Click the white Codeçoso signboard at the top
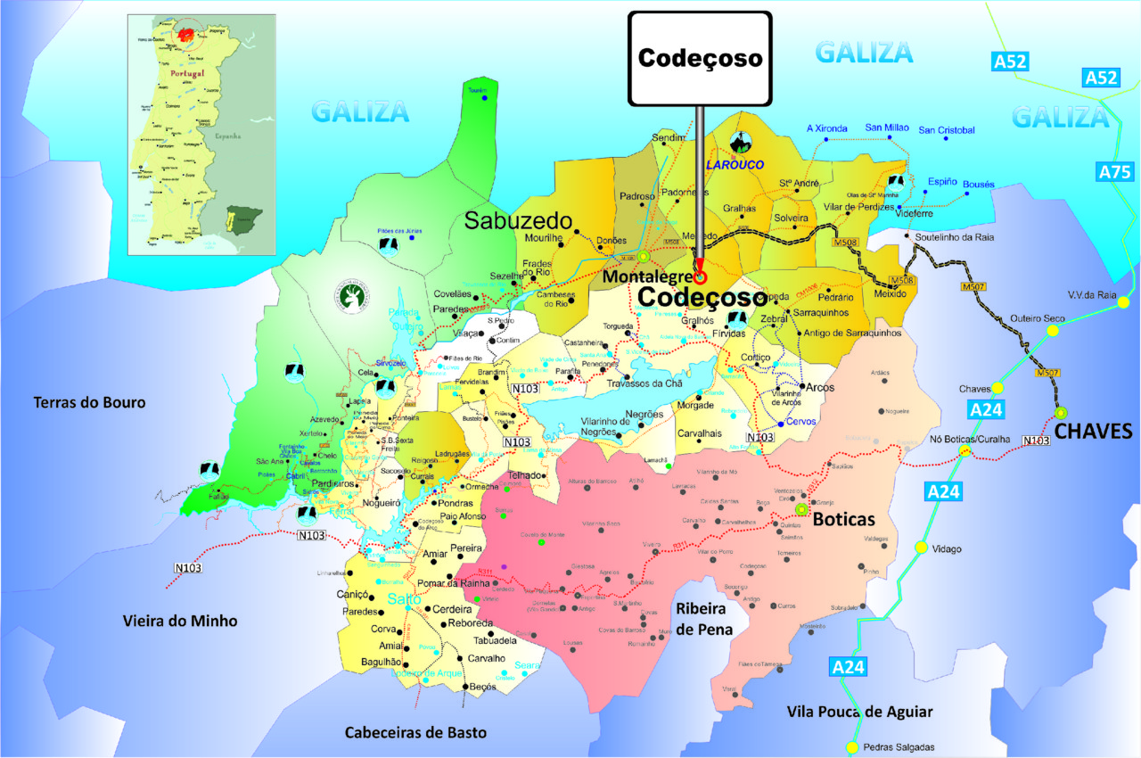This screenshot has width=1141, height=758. click(700, 58)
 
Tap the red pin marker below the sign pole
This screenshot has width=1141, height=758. click(700, 276)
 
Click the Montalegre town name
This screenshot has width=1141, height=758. click(646, 276)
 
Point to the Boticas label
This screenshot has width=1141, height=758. click(845, 519)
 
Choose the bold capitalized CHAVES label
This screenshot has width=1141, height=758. click(1093, 433)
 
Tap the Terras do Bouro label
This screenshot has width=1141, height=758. click(89, 402)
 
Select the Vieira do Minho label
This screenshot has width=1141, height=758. click(180, 621)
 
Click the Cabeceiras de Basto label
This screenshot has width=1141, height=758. click(416, 732)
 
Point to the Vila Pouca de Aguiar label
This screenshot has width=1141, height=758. click(860, 711)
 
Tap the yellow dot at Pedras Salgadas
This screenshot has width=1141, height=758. click(852, 747)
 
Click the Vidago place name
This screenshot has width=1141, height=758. click(946, 548)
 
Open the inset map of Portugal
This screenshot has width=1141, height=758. click(201, 134)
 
